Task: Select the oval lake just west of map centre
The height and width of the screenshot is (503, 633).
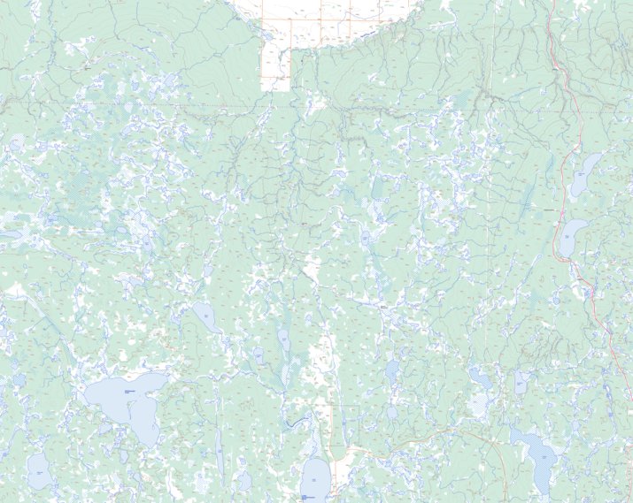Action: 203,313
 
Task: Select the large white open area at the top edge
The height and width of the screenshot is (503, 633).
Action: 336,18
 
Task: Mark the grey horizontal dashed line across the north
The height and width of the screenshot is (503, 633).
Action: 266,103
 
